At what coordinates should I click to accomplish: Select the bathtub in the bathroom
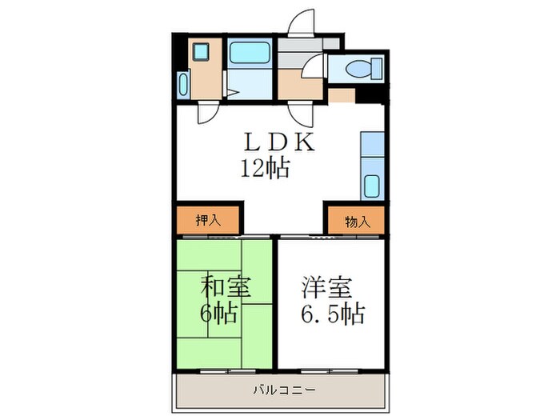[249, 54]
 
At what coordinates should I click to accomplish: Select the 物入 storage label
[358, 220]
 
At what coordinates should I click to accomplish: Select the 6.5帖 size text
[333, 313]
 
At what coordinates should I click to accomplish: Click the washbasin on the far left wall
[183, 85]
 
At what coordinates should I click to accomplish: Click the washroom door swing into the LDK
[206, 113]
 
